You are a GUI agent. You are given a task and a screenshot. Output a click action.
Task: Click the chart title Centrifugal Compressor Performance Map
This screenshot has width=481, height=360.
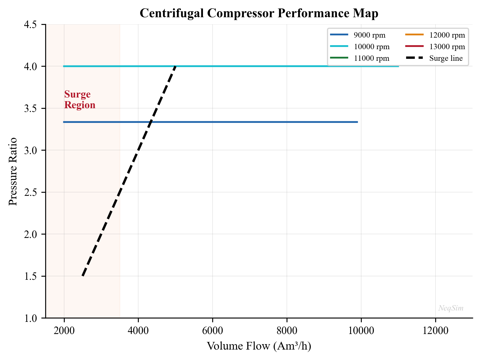[259, 13]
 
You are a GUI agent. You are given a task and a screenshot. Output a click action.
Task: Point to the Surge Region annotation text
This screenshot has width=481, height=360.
[79, 99]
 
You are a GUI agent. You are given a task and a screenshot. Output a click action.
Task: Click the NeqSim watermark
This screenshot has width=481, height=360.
[451, 308]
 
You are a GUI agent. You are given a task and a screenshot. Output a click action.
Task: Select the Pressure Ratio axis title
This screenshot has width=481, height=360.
[13, 172]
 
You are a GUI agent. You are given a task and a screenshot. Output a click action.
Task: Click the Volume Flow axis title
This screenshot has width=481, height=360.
[259, 346]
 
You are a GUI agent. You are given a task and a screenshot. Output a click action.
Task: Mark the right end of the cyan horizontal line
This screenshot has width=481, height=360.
[398, 66]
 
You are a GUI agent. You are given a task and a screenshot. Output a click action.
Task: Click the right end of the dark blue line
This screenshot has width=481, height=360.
[357, 122]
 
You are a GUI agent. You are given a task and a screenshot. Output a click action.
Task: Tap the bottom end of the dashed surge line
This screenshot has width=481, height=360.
[83, 276]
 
